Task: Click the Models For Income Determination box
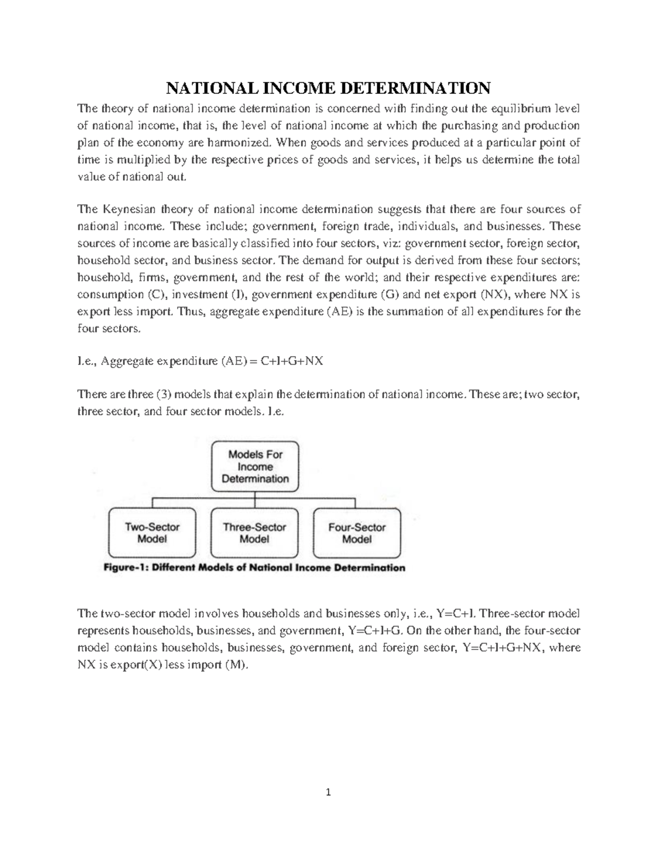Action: (x=255, y=466)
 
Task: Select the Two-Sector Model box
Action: (x=152, y=533)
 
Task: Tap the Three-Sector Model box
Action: (x=254, y=533)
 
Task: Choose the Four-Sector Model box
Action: (x=357, y=533)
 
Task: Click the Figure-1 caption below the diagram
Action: (x=254, y=568)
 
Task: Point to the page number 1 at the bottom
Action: (x=328, y=792)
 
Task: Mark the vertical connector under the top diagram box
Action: (x=255, y=499)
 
